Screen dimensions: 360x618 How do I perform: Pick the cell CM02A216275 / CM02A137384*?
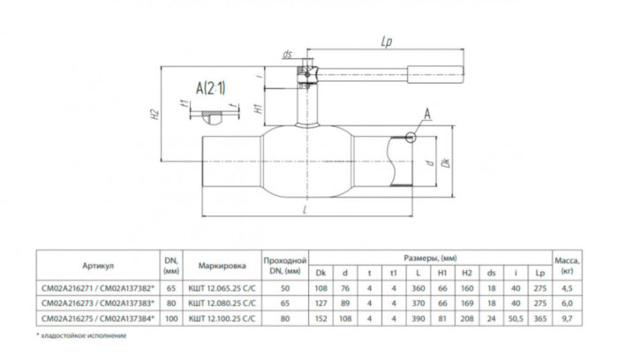(x=97, y=315)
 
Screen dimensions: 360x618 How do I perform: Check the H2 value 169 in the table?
(x=468, y=301)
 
